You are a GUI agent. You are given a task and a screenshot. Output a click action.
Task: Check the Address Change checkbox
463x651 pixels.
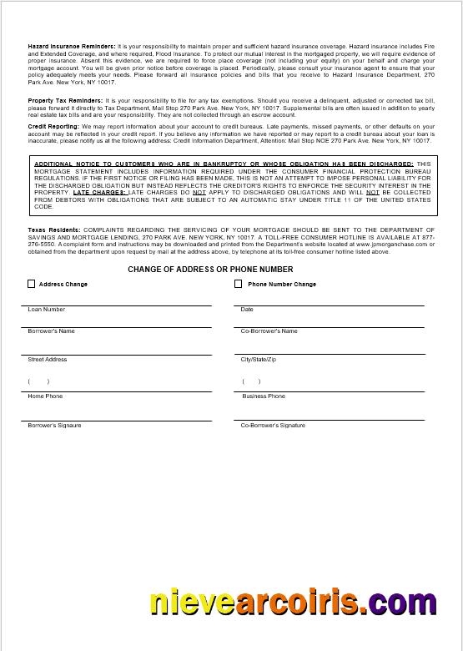(x=32, y=284)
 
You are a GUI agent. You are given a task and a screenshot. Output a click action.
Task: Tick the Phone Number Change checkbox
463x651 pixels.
(x=239, y=284)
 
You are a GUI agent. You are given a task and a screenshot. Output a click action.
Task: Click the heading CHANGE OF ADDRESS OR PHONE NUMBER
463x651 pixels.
(x=210, y=270)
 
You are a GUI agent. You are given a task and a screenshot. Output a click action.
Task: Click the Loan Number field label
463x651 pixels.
(x=47, y=310)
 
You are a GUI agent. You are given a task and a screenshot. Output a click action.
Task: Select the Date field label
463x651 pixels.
(x=247, y=310)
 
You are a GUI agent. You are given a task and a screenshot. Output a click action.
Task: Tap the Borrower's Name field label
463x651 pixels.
(x=52, y=331)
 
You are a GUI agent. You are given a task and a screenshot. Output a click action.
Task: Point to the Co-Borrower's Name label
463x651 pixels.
(x=269, y=331)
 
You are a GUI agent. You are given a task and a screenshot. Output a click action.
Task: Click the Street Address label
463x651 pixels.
(x=48, y=360)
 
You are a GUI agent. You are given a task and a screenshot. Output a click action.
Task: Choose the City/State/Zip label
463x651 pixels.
(x=258, y=360)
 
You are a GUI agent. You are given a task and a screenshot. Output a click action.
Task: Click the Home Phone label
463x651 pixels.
(x=45, y=396)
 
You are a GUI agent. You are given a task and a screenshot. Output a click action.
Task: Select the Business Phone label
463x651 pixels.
(x=264, y=396)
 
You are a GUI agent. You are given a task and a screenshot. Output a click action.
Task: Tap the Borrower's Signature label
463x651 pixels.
(x=55, y=426)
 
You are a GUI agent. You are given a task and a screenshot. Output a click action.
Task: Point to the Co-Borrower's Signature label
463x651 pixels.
(x=273, y=426)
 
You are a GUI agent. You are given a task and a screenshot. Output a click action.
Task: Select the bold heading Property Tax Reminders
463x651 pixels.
(x=66, y=100)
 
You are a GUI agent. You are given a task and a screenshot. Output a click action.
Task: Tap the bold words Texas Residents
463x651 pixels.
(x=54, y=229)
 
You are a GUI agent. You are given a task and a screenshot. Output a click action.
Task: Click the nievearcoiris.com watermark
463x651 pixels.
(x=304, y=603)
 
